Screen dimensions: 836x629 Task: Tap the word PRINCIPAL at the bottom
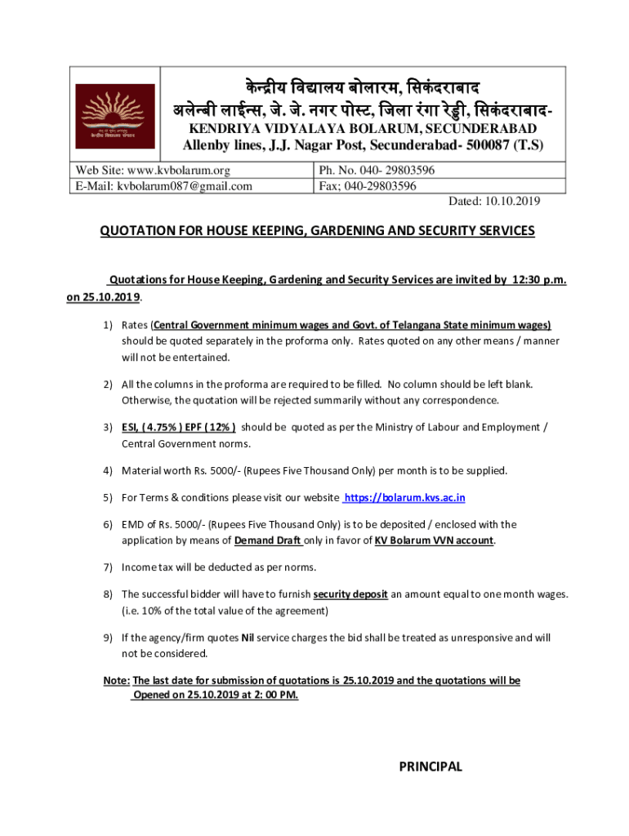coord(430,767)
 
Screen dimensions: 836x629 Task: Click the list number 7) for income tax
coord(107,567)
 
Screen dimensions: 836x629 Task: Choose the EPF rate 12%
coord(221,427)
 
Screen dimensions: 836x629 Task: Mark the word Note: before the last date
coord(117,680)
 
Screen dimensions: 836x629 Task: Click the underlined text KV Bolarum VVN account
coord(434,540)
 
